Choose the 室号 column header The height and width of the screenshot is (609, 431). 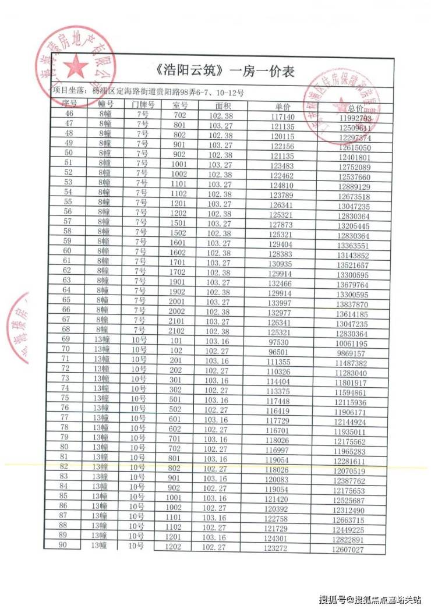coord(180,105)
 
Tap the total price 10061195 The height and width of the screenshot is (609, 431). coord(350,342)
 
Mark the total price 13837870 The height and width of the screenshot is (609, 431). coord(352,304)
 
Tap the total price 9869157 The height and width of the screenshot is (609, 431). coord(350,353)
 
